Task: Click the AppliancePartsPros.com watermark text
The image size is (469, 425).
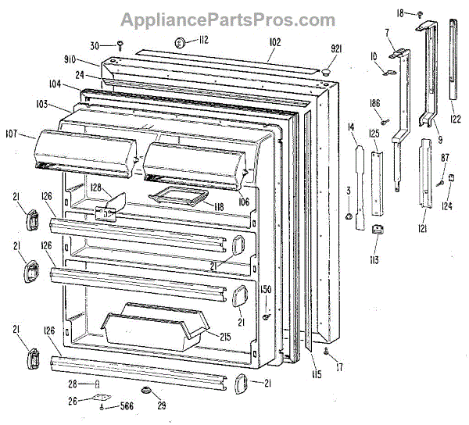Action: click(234, 20)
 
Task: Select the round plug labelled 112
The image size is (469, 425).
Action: click(179, 43)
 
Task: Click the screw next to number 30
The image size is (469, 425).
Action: click(121, 45)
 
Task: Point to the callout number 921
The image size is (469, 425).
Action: click(337, 48)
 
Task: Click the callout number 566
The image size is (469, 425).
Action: click(124, 407)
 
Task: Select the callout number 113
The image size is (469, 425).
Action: click(376, 259)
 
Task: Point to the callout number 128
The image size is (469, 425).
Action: click(96, 187)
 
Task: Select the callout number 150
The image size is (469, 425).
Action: click(266, 290)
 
